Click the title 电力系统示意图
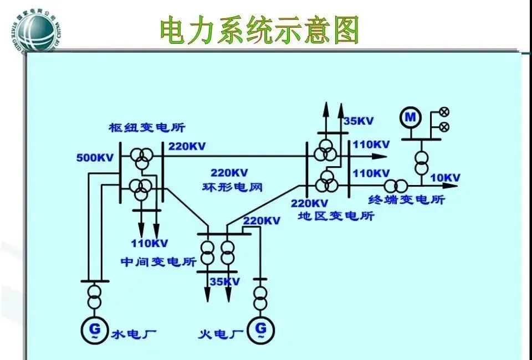[259, 30]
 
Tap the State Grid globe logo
[33, 28]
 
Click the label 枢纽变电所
[139, 128]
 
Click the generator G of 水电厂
[92, 328]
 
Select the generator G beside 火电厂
[260, 328]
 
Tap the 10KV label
[446, 178]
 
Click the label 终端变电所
[407, 199]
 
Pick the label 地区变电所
[336, 215]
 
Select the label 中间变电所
[158, 261]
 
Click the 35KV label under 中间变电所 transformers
[224, 282]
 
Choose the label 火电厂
[221, 334]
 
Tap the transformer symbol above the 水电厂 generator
[93, 296]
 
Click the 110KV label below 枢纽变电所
[150, 243]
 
